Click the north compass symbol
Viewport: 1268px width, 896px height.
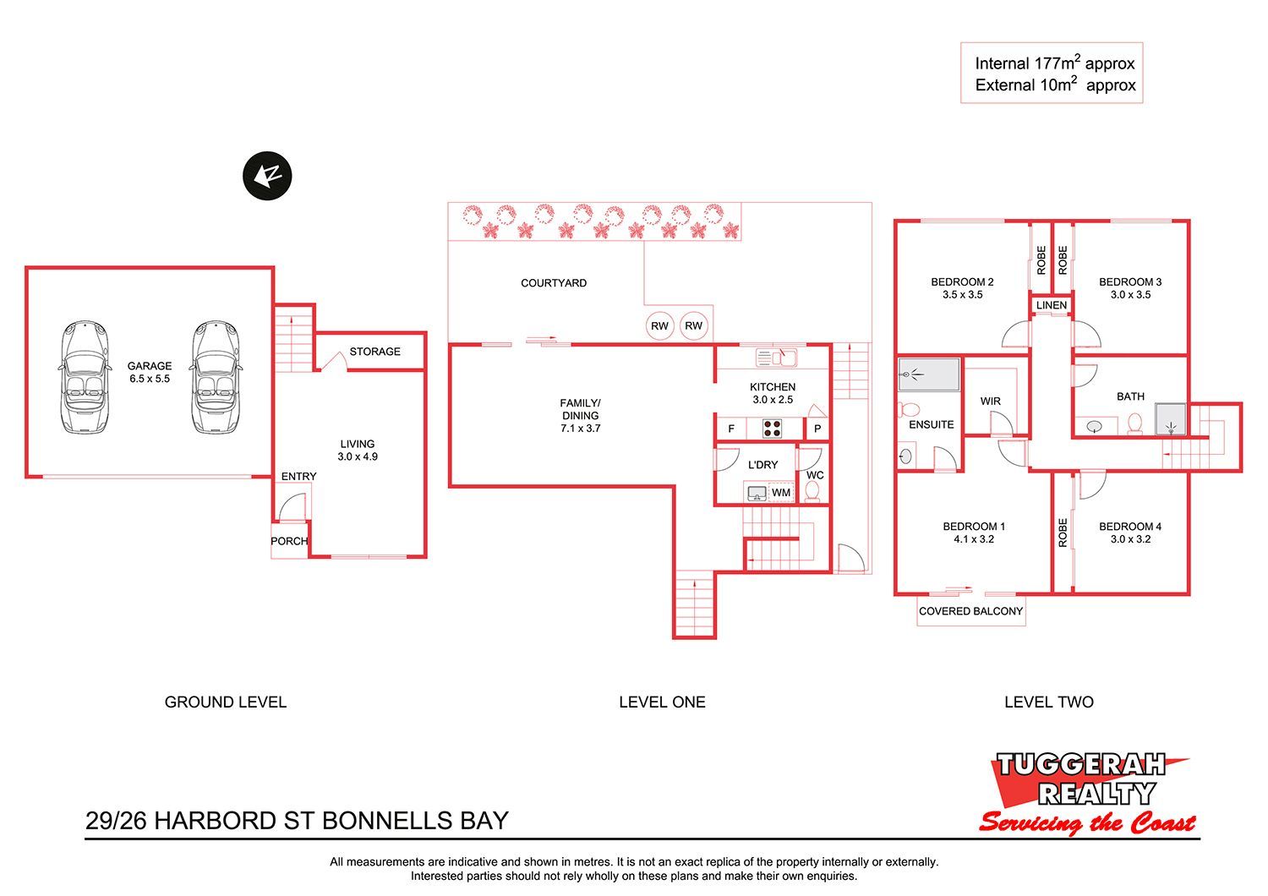[x=267, y=176]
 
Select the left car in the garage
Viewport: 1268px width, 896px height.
[x=85, y=378]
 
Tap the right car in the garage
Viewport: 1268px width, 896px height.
[x=215, y=378]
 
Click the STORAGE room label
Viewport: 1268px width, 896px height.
[x=374, y=352]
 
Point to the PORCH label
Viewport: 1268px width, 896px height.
[x=289, y=541]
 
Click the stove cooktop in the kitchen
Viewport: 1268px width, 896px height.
[x=772, y=429]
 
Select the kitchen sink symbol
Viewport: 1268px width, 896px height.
[x=777, y=358]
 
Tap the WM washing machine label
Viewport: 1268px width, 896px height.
[x=781, y=493]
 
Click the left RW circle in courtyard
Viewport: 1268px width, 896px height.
[x=659, y=326]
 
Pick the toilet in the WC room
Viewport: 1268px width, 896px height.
[x=812, y=491]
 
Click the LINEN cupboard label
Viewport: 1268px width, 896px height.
[x=1052, y=305]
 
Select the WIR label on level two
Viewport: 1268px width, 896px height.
[x=991, y=402]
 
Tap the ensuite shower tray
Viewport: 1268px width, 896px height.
[x=929, y=374]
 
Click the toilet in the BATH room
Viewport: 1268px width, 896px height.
[x=1135, y=424]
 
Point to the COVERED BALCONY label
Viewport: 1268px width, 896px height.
[x=970, y=611]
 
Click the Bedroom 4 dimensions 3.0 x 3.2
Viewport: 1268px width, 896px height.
[x=1130, y=539]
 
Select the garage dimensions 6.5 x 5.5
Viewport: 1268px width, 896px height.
[x=150, y=379]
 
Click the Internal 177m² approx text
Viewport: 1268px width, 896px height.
[x=1055, y=63]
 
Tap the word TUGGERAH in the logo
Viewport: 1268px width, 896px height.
[x=1080, y=765]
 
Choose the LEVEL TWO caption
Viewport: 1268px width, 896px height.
[x=1049, y=702]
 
